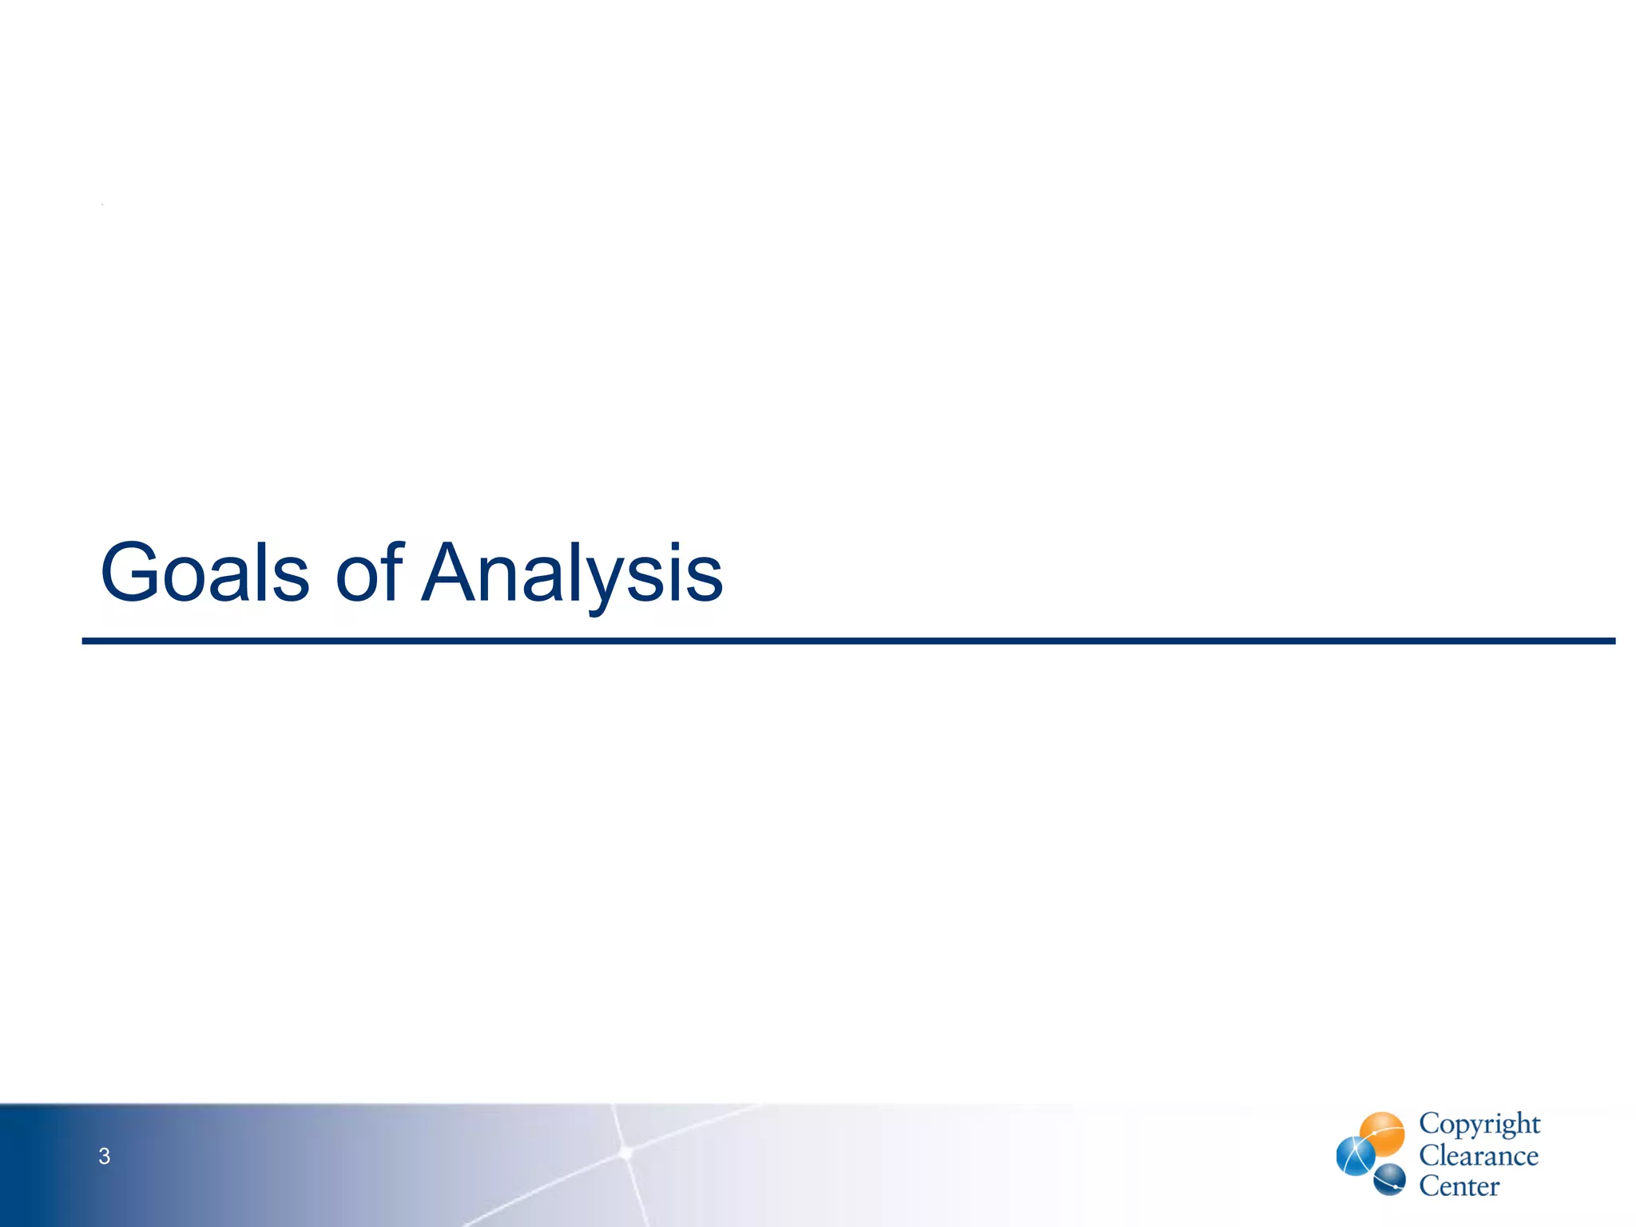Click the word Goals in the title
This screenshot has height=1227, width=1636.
204,572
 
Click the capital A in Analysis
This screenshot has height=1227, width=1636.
452,572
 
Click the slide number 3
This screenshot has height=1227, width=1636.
104,1156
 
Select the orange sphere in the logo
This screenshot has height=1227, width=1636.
1382,1134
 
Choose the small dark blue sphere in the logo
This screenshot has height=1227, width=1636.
1389,1180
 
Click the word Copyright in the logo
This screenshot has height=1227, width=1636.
1479,1124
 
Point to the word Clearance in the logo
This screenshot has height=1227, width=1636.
1479,1156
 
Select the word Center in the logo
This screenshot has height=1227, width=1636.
1459,1186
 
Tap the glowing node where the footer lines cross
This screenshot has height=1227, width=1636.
626,1152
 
